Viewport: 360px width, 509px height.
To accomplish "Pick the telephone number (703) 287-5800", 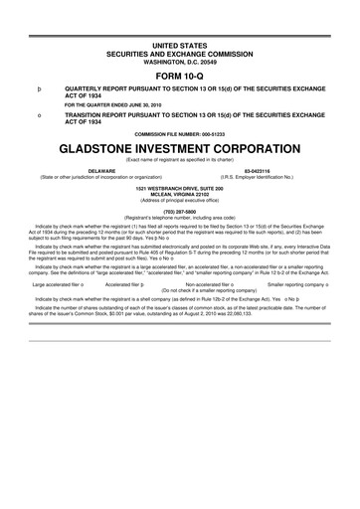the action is tap(180, 239).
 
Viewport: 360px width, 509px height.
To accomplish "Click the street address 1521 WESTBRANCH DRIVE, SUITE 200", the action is tap(180, 215).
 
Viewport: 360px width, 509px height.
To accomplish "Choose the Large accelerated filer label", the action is tap(56, 311).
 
